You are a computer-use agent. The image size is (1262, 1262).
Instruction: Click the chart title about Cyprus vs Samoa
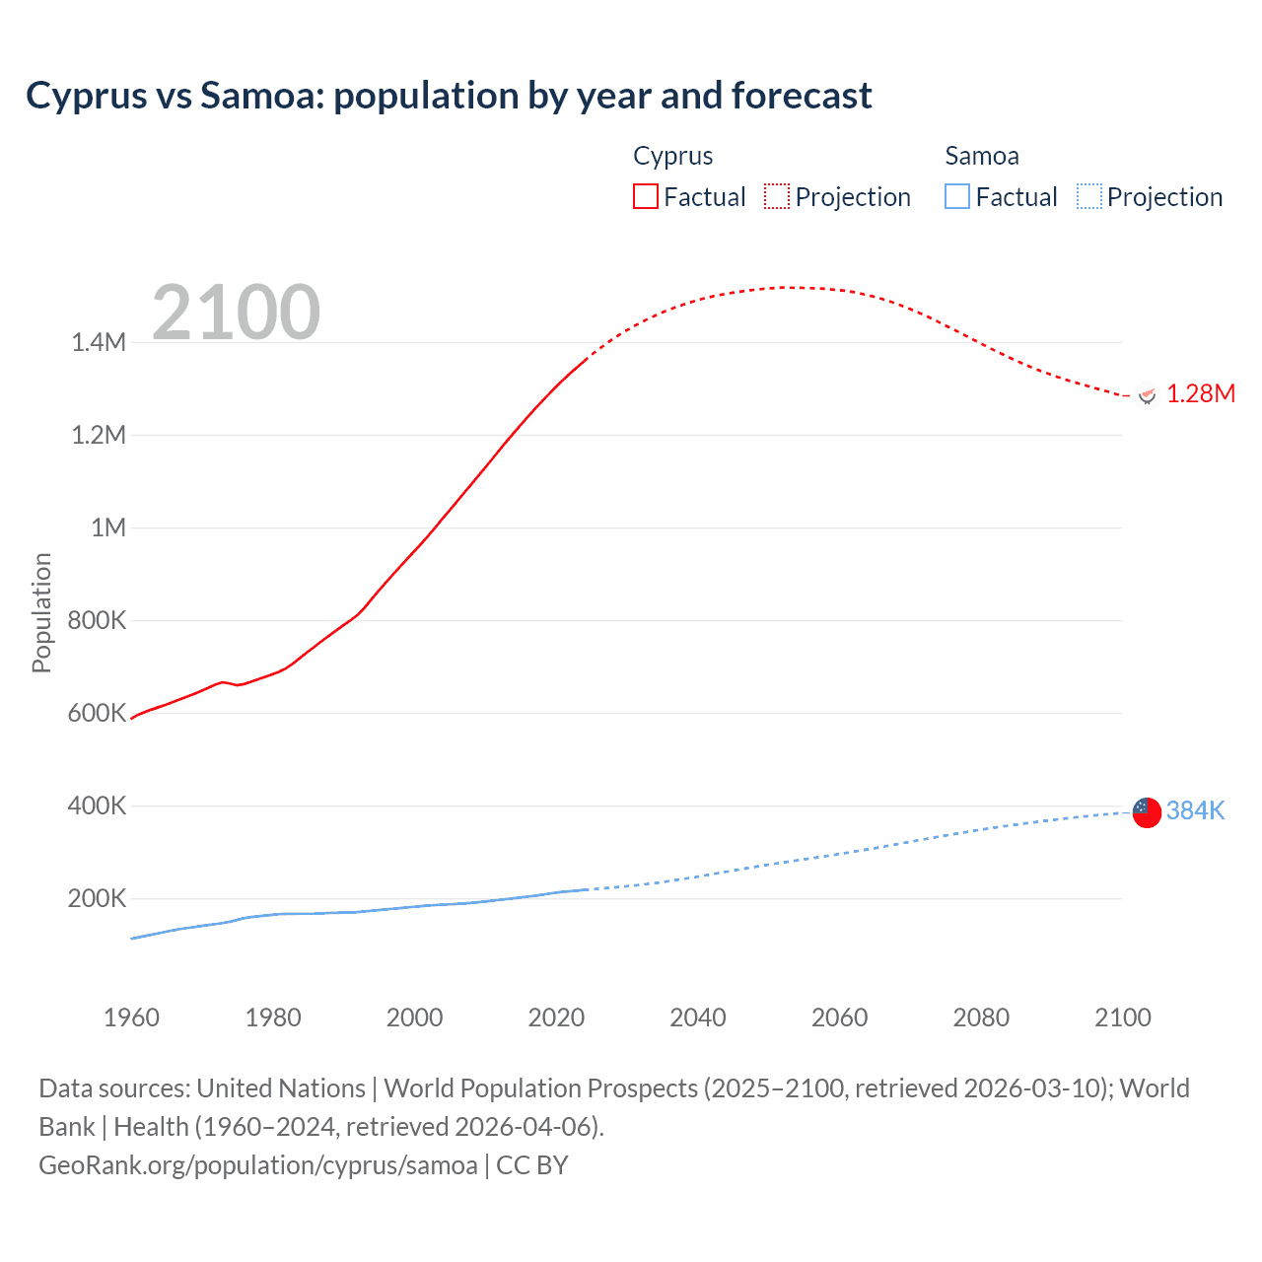coord(449,96)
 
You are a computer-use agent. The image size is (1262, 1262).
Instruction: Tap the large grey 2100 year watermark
coord(236,313)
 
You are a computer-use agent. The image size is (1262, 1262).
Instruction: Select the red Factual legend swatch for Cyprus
coord(645,196)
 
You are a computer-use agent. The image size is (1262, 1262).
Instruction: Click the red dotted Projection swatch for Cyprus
coord(777,196)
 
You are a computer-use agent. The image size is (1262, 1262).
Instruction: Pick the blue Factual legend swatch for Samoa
coord(957,196)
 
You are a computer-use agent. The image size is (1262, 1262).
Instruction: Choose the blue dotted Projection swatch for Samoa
coord(1089,196)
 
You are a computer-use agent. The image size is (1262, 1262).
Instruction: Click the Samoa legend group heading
coord(981,156)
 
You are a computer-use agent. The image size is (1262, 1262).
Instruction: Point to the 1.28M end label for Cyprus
coord(1200,394)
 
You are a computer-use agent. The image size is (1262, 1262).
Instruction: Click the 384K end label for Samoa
coord(1195,810)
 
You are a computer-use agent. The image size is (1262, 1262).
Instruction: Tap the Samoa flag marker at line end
coord(1147,812)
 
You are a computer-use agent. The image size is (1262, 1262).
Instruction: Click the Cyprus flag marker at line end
coord(1147,395)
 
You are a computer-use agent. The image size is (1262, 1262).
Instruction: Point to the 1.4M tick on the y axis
coord(99,342)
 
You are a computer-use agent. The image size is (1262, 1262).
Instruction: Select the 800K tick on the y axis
coord(97,620)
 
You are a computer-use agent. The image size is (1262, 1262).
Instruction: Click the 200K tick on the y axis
coord(97,898)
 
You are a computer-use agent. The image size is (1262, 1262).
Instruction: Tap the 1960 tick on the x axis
coord(131,1017)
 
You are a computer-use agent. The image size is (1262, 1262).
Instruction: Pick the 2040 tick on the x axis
coord(698,1017)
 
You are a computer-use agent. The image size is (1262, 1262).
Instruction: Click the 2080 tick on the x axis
coord(981,1017)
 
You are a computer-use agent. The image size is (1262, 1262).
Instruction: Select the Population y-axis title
coord(41,612)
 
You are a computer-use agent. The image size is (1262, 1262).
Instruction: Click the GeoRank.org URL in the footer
coord(258,1165)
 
